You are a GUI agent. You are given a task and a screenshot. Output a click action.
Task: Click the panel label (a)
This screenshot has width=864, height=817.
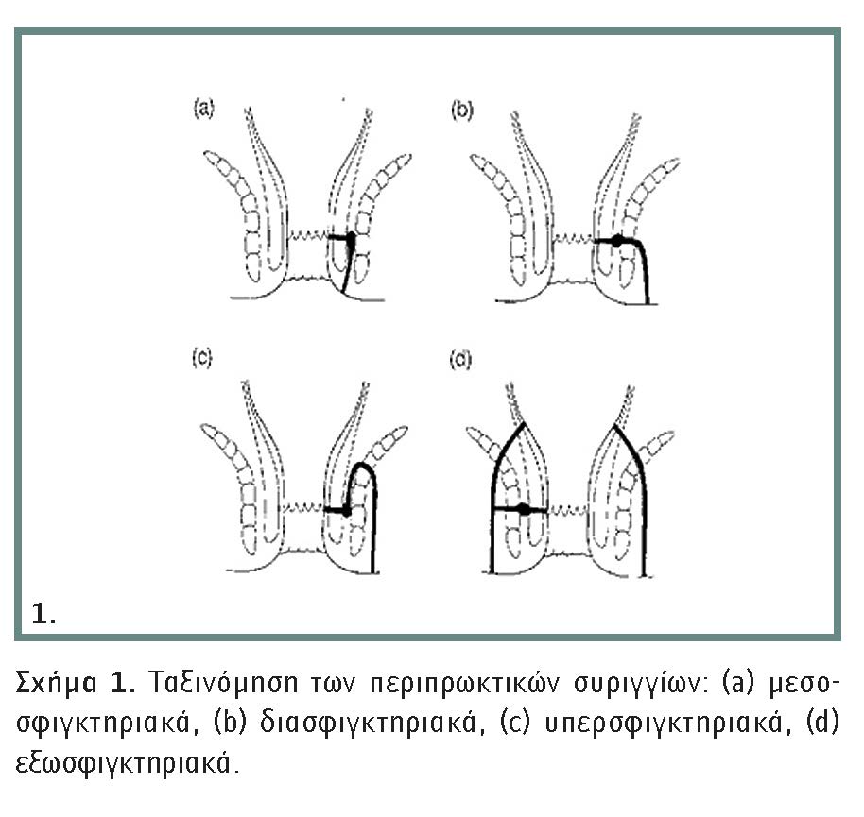pyautogui.click(x=203, y=109)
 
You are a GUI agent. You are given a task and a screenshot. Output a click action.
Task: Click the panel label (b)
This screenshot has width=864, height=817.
pyautogui.click(x=461, y=111)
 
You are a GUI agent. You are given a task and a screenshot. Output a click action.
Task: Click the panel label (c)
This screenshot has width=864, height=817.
pyautogui.click(x=201, y=358)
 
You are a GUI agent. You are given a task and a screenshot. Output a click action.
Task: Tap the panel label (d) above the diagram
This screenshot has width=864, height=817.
pyautogui.click(x=460, y=360)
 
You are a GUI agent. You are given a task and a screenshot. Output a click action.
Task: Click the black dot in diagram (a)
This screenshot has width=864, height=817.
pyautogui.click(x=351, y=238)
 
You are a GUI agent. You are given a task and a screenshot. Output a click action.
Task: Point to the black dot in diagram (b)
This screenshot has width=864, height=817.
pyautogui.click(x=617, y=240)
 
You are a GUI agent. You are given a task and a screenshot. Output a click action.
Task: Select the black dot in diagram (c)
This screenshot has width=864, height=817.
pyautogui.click(x=346, y=511)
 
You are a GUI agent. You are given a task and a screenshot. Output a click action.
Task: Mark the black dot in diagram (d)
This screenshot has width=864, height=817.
pyautogui.click(x=525, y=509)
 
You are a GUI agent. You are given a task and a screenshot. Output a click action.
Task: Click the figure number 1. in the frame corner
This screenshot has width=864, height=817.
pyautogui.click(x=43, y=614)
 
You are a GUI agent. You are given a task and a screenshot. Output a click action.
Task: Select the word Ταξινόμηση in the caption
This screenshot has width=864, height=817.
pyautogui.click(x=223, y=683)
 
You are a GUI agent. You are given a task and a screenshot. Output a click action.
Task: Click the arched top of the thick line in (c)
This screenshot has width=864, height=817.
pyautogui.click(x=363, y=466)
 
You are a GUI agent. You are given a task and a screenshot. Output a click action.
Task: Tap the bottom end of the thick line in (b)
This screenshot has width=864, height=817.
pyautogui.click(x=648, y=302)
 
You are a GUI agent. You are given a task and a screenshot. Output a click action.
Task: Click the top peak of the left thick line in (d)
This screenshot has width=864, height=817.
pyautogui.click(x=523, y=424)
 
